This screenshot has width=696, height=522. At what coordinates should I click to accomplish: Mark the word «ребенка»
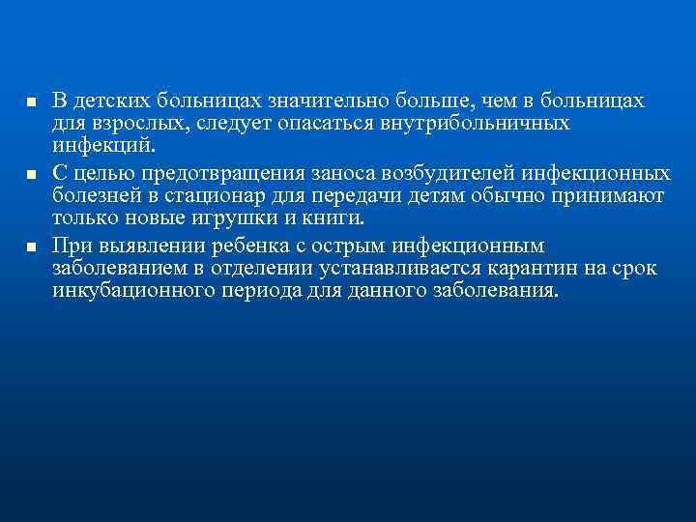pos(232,245)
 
